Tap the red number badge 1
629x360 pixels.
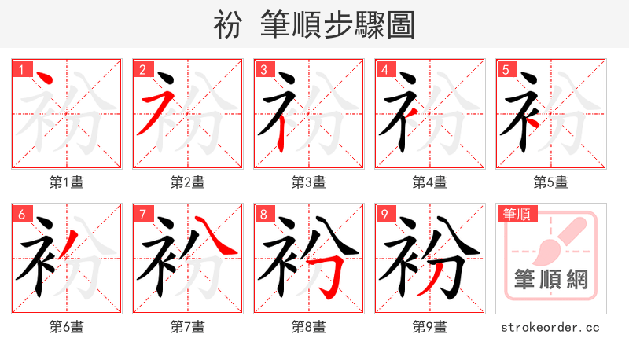click(x=20, y=70)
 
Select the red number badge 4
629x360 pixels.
click(x=384, y=70)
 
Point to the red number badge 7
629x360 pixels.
click(x=142, y=214)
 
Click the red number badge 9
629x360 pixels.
click(x=384, y=214)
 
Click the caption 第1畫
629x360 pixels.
click(x=67, y=182)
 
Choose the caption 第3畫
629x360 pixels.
click(x=308, y=182)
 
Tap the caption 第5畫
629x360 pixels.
click(x=550, y=182)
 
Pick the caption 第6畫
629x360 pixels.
click(x=67, y=326)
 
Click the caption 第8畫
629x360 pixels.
click(x=308, y=326)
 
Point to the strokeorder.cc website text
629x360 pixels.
click(x=550, y=326)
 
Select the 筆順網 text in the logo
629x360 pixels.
click(x=551, y=279)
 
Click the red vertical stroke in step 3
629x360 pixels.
click(x=282, y=134)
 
